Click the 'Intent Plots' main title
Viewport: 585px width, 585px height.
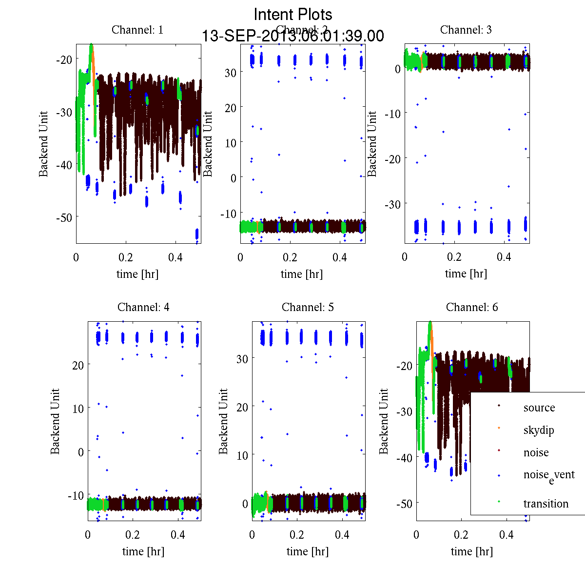tap(293, 15)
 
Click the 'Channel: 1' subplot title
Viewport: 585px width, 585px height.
tap(137, 30)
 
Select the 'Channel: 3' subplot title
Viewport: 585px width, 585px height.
tap(466, 30)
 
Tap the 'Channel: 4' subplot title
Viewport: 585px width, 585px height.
tap(143, 307)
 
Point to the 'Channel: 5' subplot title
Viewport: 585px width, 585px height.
tap(308, 307)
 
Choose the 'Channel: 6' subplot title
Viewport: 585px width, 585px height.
tap(472, 307)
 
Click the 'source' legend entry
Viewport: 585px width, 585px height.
tap(539, 408)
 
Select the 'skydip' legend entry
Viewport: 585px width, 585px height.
tap(539, 430)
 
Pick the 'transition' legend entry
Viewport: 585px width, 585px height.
tap(546, 504)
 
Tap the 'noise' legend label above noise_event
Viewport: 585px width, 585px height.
tap(536, 452)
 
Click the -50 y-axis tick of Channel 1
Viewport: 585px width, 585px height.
tap(64, 217)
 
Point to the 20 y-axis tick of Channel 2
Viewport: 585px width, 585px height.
tap(231, 108)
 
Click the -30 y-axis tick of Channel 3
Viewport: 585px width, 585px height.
tap(392, 204)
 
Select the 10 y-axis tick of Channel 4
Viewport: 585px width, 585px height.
tap(77, 408)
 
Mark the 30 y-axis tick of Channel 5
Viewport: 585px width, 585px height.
tap(242, 358)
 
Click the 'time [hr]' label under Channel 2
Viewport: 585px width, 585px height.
tap(302, 274)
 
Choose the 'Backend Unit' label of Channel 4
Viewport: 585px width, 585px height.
tap(55, 421)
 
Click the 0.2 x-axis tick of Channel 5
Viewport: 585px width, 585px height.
tap(297, 535)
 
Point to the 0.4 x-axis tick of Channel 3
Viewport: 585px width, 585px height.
tap(504, 257)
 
